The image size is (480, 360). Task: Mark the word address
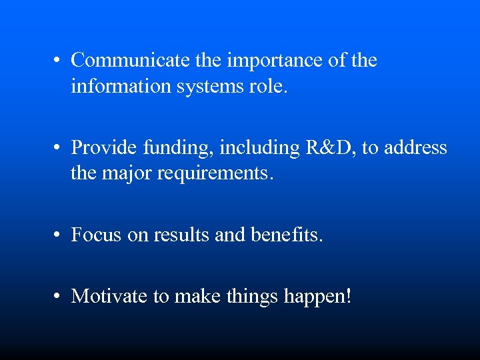417,147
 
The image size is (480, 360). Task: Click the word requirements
218,174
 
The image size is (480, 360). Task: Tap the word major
127,174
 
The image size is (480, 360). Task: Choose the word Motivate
110,295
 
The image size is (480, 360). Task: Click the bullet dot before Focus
59,236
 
